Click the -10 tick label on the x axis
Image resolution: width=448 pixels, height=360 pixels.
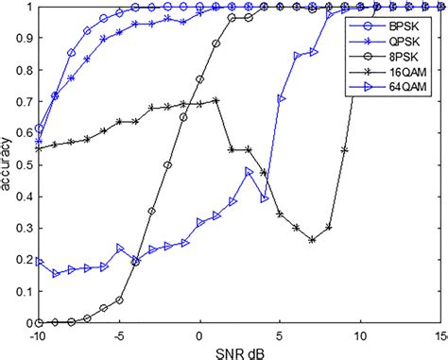(x=38, y=334)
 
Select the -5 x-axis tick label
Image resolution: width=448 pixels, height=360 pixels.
(x=119, y=334)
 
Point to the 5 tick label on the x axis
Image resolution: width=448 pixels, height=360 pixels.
(x=280, y=334)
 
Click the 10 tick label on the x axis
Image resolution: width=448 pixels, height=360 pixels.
(x=360, y=334)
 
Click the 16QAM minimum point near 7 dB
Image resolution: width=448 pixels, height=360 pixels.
(x=312, y=240)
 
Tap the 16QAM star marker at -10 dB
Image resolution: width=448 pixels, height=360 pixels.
(x=39, y=148)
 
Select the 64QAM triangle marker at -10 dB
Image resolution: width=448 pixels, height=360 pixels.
(x=39, y=262)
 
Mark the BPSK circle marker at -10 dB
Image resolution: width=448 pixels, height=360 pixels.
(x=39, y=129)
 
